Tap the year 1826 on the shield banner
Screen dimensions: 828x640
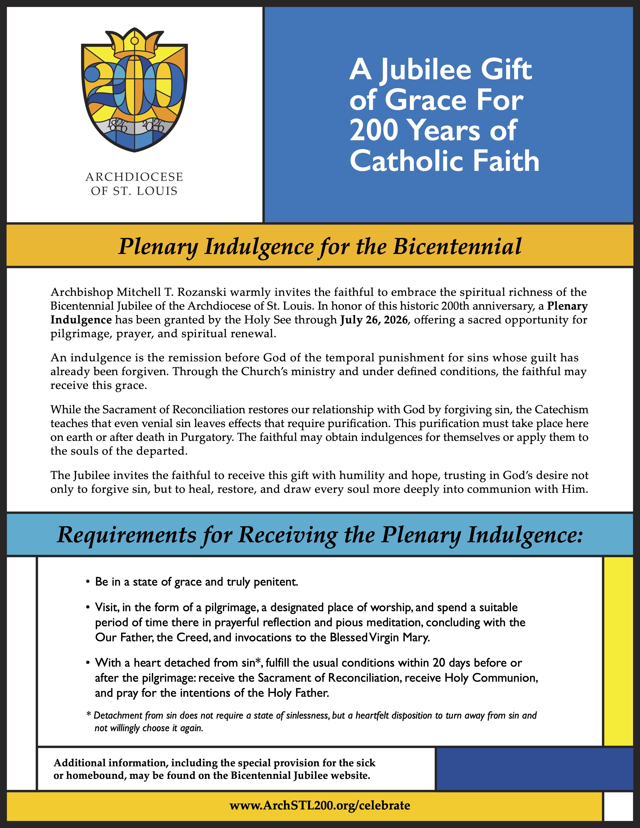tap(117, 125)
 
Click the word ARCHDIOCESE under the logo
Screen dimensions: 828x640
tap(134, 177)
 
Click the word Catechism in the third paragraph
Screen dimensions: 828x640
tap(561, 410)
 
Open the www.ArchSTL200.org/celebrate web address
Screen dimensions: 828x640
tap(319, 805)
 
